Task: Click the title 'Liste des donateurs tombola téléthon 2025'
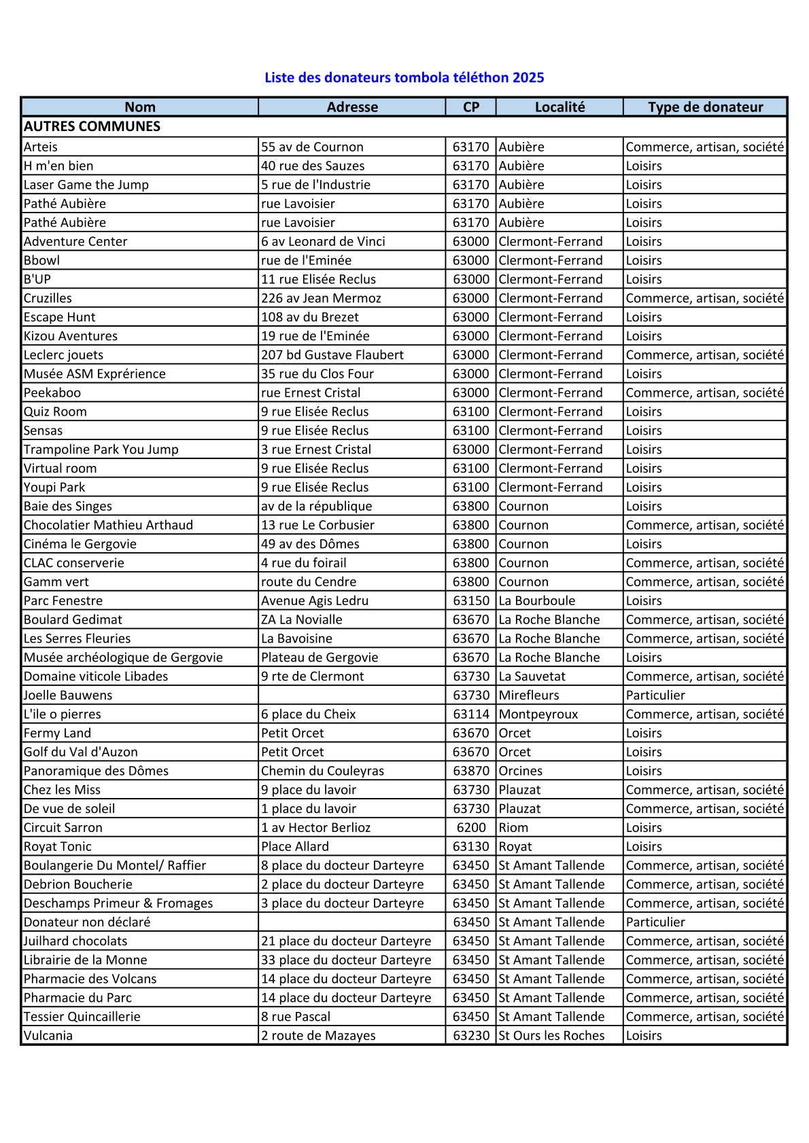[x=404, y=77]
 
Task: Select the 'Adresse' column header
[x=352, y=107]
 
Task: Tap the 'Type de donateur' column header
[x=705, y=107]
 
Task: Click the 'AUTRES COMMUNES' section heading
[x=92, y=126]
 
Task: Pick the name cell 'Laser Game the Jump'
[x=86, y=185]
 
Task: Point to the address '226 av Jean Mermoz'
[x=321, y=298]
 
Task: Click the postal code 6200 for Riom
[x=471, y=827]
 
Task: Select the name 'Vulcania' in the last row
[x=48, y=1036]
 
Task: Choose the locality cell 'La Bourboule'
[x=537, y=600]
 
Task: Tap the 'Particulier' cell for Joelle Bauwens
[x=655, y=695]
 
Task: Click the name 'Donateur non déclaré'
[x=87, y=922]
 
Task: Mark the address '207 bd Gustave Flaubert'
[x=332, y=355]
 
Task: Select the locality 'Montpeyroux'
[x=538, y=714]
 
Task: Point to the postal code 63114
[x=471, y=714]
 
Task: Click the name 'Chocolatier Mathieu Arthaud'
[x=109, y=525]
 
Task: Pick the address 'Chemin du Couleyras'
[x=323, y=771]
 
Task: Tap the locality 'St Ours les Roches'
[x=551, y=1036]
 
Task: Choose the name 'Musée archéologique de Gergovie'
[x=123, y=657]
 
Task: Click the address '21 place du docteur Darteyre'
[x=346, y=941]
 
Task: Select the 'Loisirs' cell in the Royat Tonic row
[x=644, y=847]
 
